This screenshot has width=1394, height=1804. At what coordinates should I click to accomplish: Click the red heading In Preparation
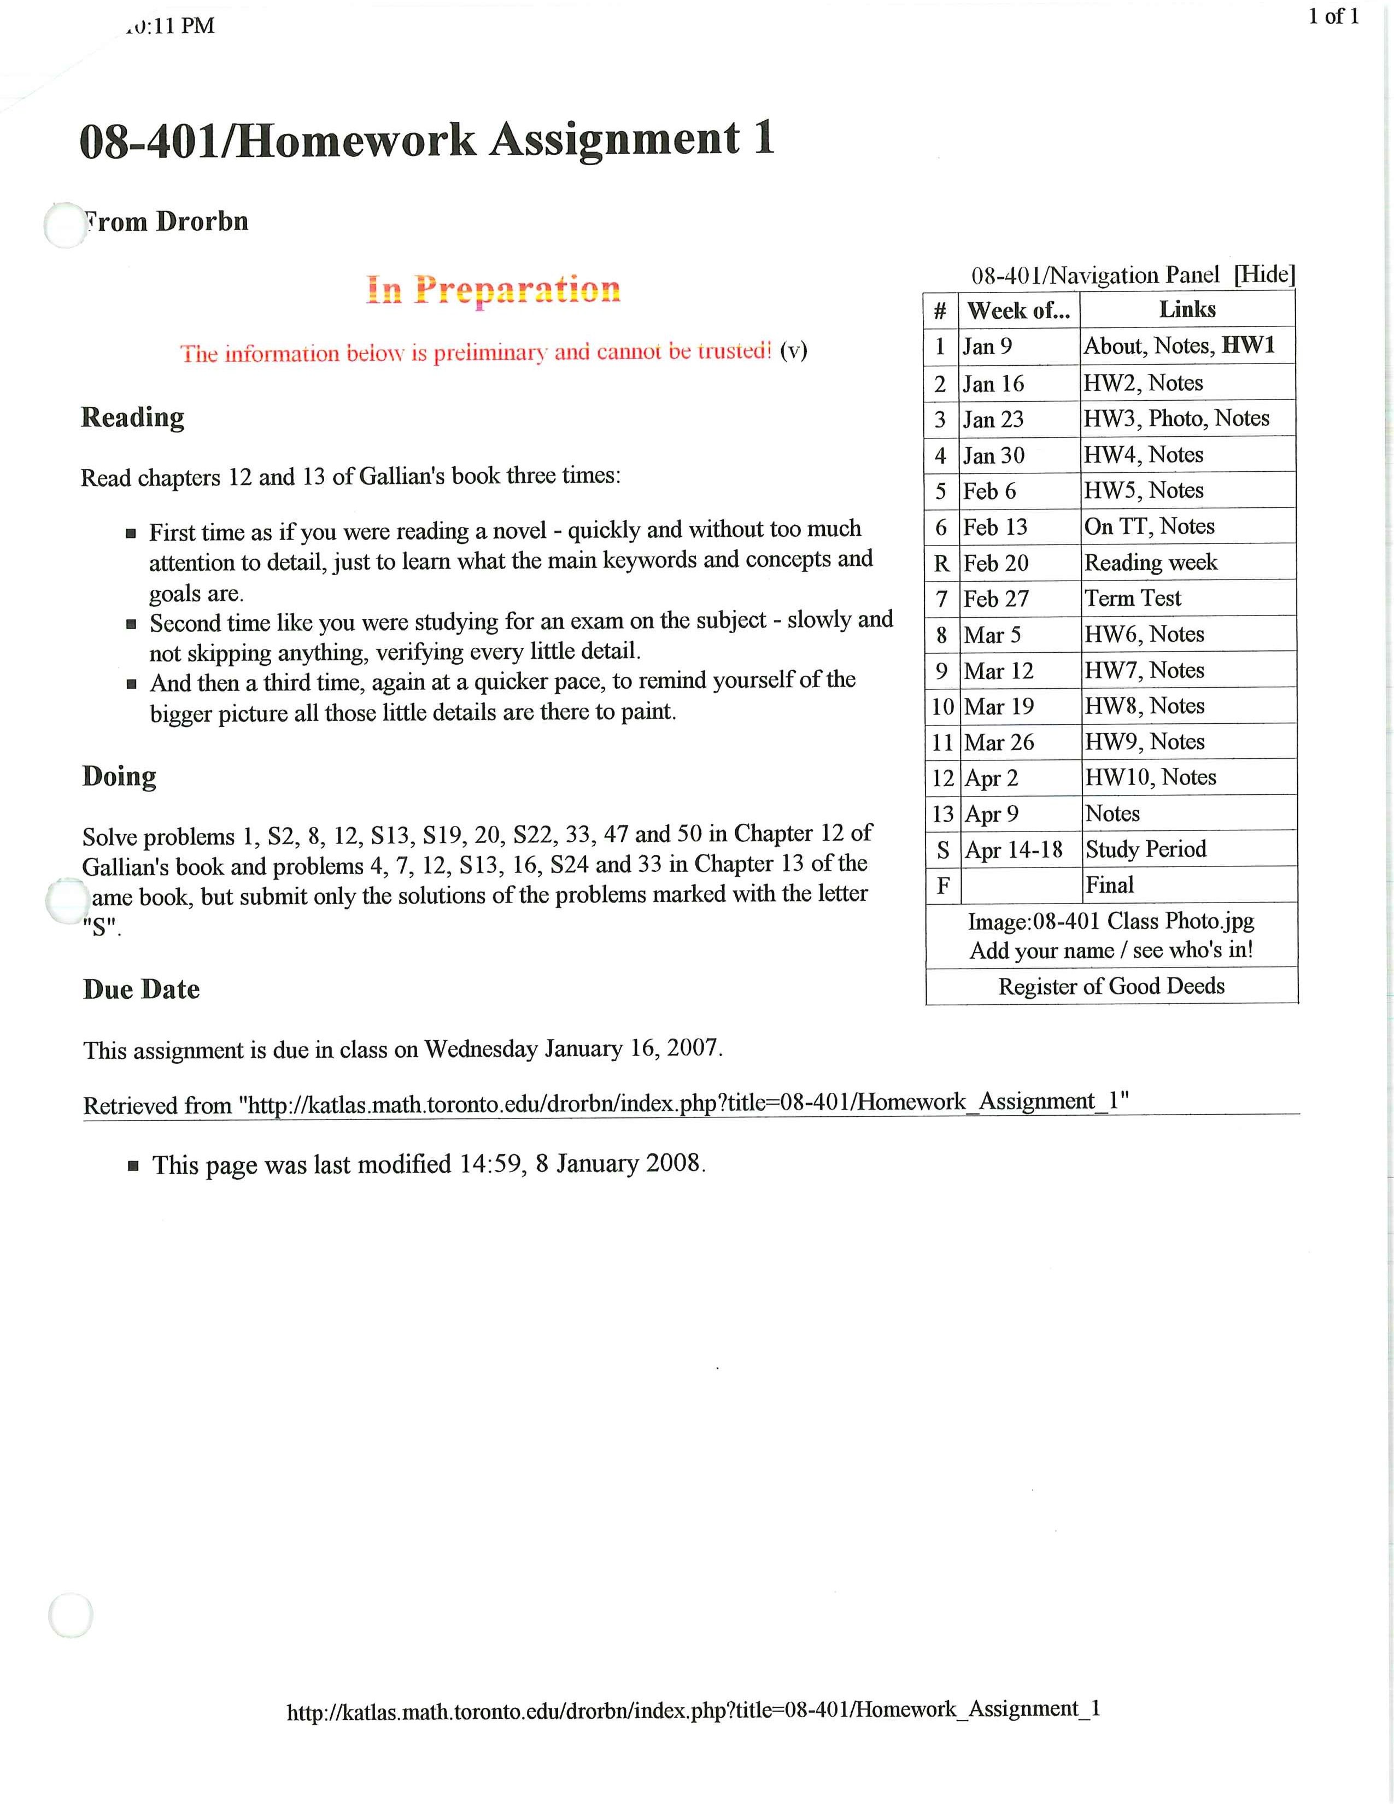point(493,289)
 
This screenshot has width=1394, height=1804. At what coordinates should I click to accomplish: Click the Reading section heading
point(132,417)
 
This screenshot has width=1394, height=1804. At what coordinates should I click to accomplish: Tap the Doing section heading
point(119,776)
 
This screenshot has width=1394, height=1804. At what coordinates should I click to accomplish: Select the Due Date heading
point(141,989)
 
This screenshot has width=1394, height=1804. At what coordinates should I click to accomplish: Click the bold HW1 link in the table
point(1248,345)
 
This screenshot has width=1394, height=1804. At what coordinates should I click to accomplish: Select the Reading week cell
point(1150,563)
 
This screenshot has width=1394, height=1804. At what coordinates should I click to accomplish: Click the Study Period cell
point(1145,849)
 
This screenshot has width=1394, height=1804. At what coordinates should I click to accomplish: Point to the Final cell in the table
point(1109,886)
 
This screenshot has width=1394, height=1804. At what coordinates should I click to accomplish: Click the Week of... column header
point(1018,311)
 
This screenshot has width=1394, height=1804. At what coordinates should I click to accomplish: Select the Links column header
point(1187,310)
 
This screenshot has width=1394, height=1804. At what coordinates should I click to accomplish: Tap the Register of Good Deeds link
point(1111,986)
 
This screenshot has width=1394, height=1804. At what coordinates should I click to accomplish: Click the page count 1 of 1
point(1333,16)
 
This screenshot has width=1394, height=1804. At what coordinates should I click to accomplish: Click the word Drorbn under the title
point(202,221)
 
